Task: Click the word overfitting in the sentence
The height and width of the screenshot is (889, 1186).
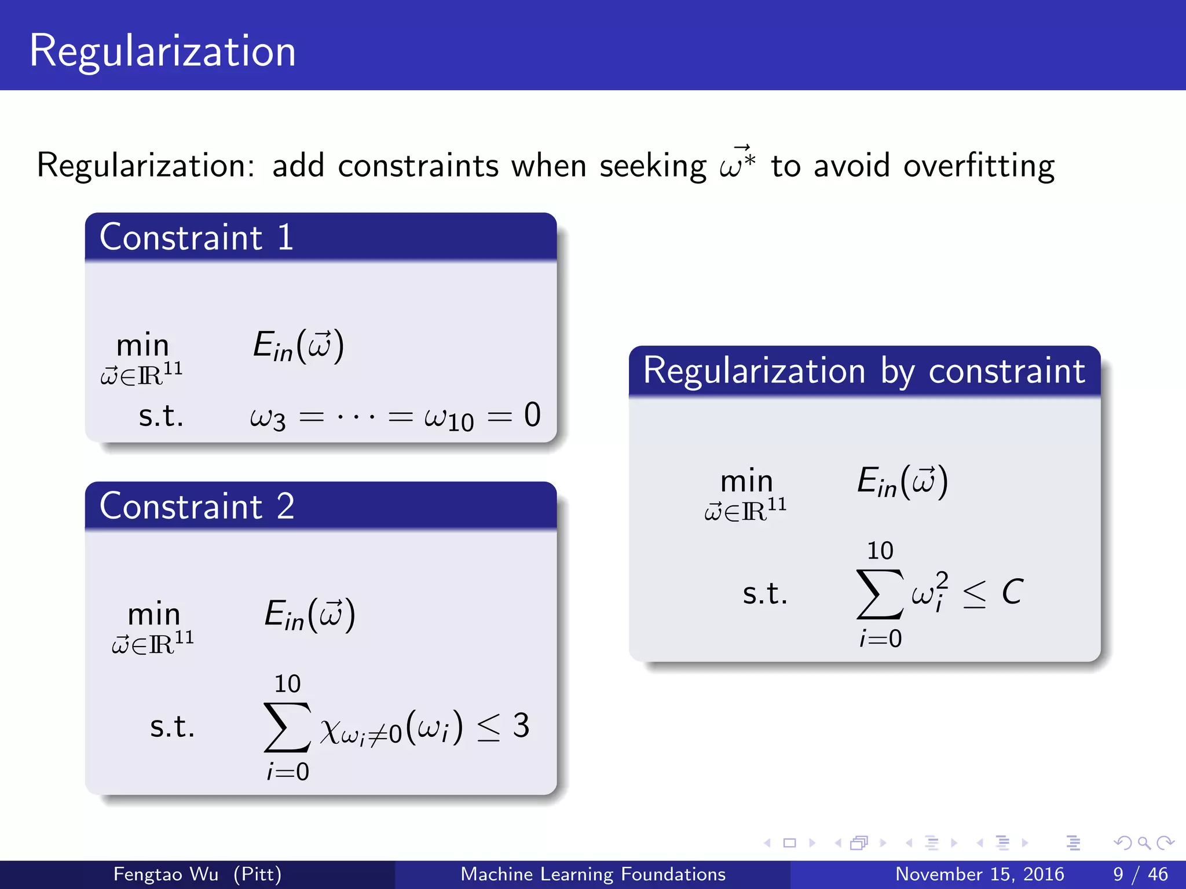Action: [979, 166]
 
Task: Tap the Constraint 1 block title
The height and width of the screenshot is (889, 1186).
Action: [197, 237]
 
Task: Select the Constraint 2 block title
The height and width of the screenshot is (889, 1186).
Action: [197, 506]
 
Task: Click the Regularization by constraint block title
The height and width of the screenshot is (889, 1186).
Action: [864, 370]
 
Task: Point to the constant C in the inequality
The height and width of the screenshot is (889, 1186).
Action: [1012, 592]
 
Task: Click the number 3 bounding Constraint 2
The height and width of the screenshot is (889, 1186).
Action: [521, 725]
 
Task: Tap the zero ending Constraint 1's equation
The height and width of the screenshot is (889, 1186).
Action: [532, 415]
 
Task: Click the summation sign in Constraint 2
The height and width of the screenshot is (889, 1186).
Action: [287, 727]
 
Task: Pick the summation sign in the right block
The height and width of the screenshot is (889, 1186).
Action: [880, 594]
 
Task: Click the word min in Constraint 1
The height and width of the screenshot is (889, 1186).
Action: [142, 346]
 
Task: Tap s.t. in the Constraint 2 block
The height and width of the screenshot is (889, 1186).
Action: [172, 726]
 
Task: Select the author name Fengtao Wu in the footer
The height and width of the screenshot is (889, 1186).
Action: [166, 874]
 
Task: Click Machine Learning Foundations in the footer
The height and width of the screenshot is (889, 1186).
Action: [593, 874]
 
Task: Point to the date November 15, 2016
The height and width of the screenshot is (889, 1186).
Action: [979, 874]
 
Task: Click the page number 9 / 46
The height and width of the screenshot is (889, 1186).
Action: [1140, 874]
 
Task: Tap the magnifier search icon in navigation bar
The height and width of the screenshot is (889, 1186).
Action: [1144, 843]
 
